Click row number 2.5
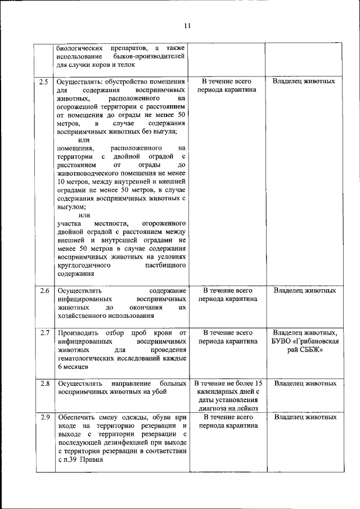tap(44, 82)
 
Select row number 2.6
tap(44, 291)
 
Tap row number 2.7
tap(44, 333)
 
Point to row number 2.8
tap(44, 384)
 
